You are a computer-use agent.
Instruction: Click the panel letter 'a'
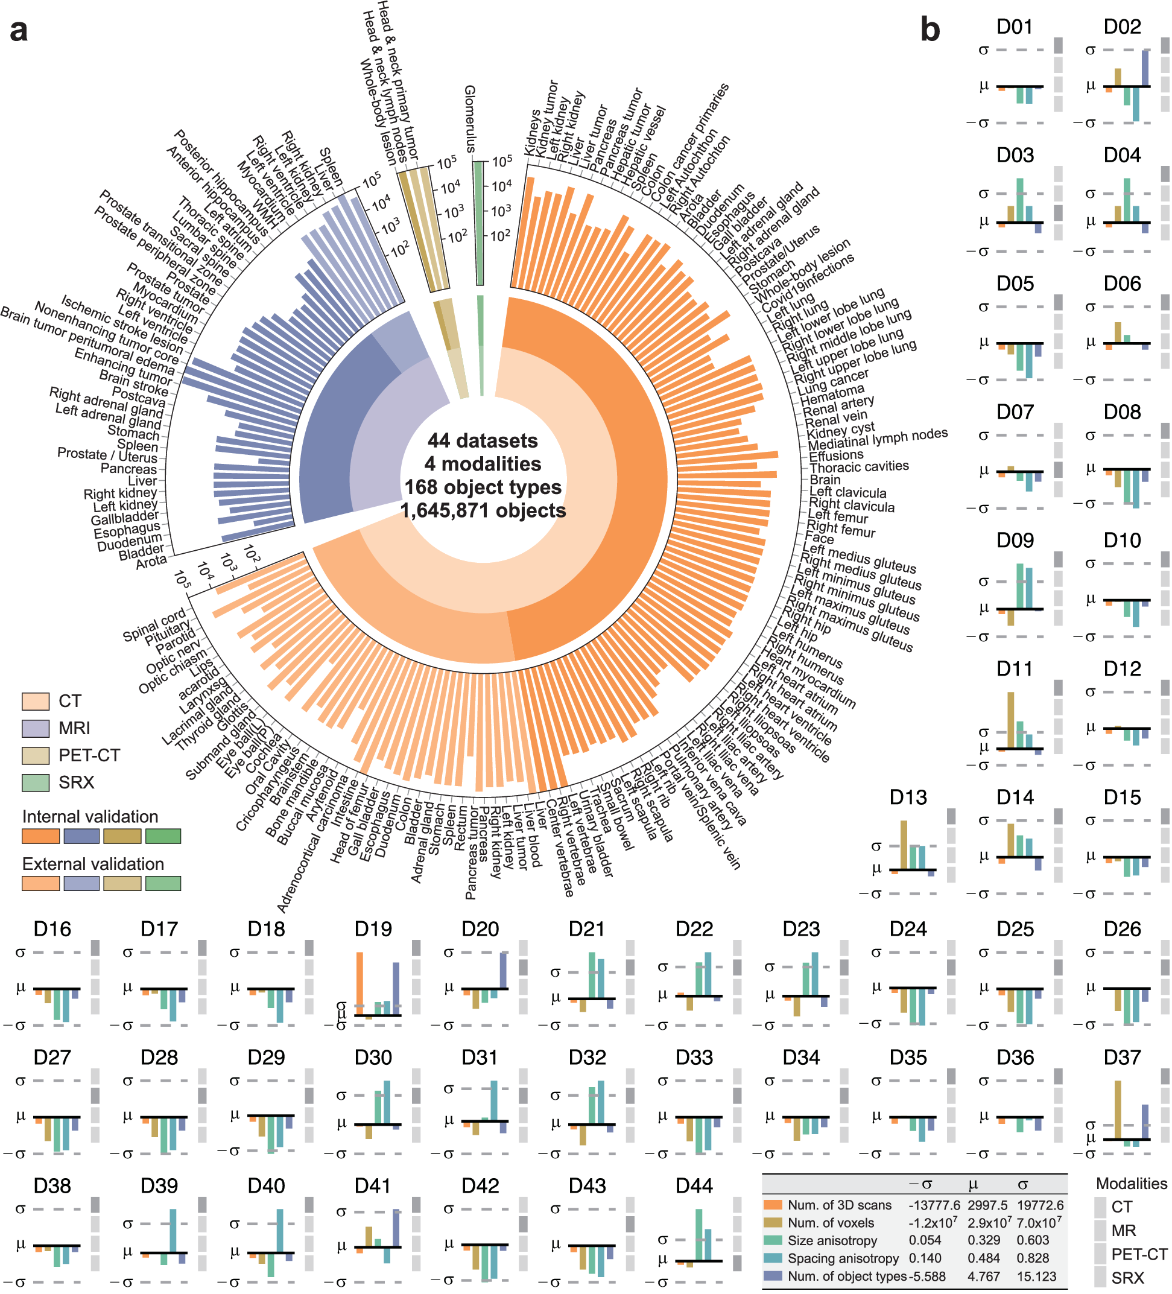click(19, 30)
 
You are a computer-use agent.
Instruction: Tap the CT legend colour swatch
click(36, 701)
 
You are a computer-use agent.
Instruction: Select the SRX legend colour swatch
click(36, 782)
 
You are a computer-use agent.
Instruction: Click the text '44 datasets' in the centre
click(483, 440)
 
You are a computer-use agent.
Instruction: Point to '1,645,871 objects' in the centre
click(483, 510)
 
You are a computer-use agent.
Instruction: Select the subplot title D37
click(1121, 1057)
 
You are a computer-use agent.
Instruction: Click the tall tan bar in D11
click(1011, 720)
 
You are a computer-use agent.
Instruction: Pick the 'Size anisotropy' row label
click(832, 1241)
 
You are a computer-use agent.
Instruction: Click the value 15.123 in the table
click(1036, 1276)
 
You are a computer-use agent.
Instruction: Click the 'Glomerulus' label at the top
click(470, 119)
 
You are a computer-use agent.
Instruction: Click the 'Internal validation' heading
click(90, 816)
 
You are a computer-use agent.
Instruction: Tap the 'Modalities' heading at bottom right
click(1131, 1184)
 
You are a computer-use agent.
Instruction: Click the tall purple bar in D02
click(1145, 68)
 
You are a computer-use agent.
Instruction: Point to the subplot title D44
click(694, 1185)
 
